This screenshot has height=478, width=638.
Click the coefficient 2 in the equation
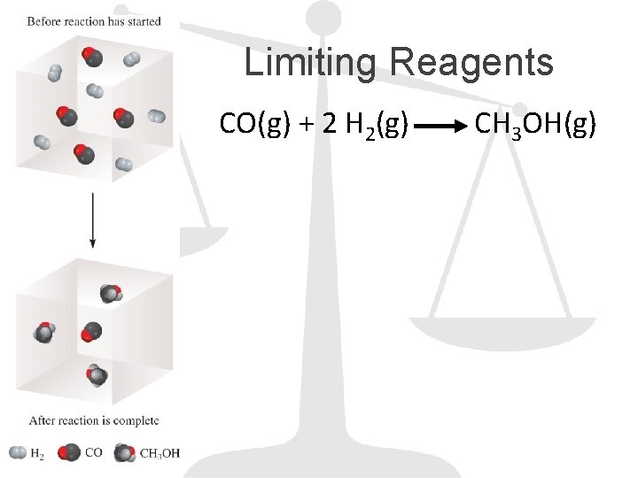tap(329, 125)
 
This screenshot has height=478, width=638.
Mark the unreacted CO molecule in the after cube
tap(89, 333)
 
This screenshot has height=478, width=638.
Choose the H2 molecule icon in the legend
tap(17, 453)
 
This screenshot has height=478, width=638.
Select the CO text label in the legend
tap(93, 453)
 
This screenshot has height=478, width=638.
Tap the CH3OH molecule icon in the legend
tap(125, 453)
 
